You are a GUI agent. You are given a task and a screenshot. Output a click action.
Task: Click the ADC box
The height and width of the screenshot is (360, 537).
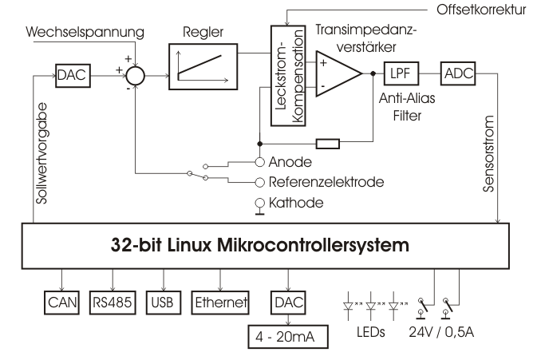click(x=459, y=74)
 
